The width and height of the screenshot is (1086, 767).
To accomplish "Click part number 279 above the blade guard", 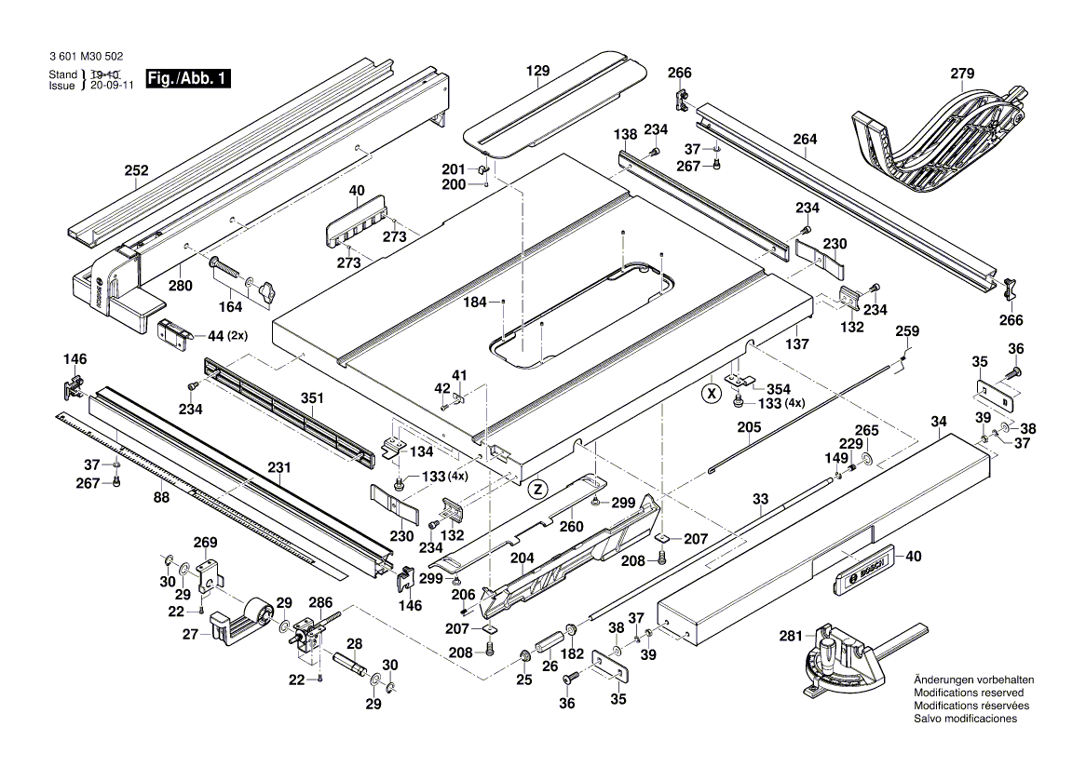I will [x=962, y=74].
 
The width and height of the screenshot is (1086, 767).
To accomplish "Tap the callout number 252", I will [x=136, y=170].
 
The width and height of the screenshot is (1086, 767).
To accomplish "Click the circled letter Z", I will [x=536, y=488].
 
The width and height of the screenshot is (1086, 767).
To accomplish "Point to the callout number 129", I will [x=537, y=71].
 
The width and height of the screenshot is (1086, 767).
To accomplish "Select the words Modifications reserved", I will [x=969, y=693].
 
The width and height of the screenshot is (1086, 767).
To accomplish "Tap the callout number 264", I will [x=805, y=140].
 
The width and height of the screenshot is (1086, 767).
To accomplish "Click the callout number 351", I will [x=311, y=398].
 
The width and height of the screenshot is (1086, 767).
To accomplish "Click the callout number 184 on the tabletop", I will [x=476, y=302].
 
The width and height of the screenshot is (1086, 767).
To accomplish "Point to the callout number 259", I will [x=906, y=331].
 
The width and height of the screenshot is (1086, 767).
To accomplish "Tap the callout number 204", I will [x=522, y=558].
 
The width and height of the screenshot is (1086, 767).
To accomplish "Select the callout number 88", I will [x=162, y=498].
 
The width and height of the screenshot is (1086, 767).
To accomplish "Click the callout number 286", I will [x=319, y=602].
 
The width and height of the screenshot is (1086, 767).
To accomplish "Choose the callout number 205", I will [x=749, y=427].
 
